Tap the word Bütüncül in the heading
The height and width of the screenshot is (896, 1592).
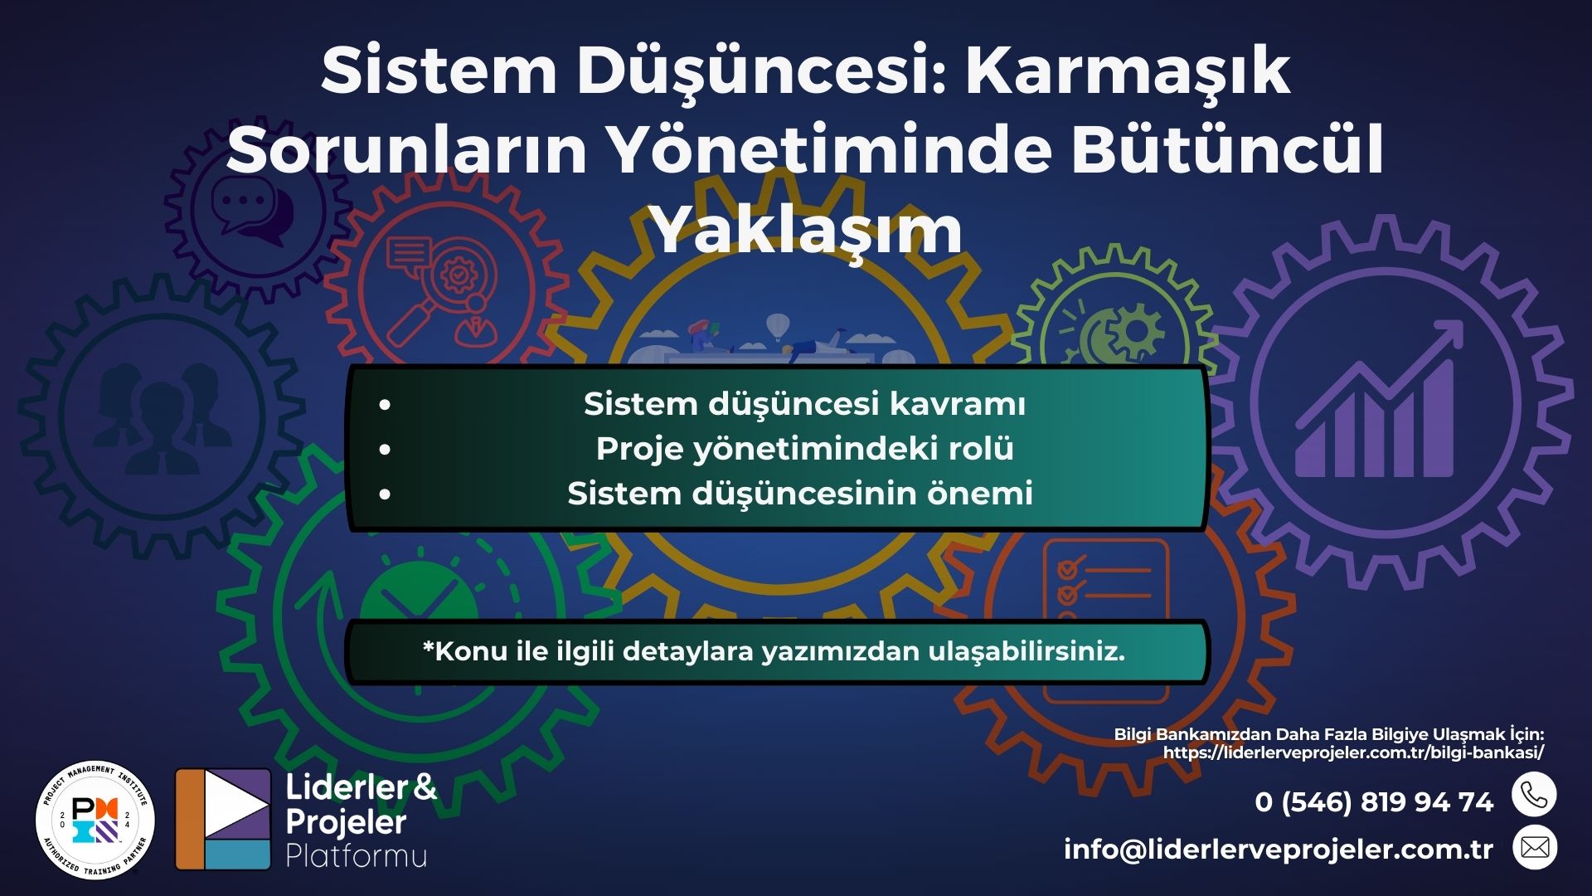click(1227, 151)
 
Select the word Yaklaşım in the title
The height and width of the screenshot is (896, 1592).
click(808, 230)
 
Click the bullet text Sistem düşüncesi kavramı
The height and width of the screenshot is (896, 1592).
click(804, 404)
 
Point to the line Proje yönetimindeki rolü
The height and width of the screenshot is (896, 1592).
click(804, 449)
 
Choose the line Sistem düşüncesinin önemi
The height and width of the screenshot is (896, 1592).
click(800, 494)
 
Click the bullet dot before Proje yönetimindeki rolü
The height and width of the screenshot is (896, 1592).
click(384, 450)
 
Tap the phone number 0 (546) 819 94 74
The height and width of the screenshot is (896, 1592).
click(1374, 802)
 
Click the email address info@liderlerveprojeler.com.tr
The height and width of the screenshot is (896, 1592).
click(1278, 850)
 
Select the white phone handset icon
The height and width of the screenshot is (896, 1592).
click(1534, 795)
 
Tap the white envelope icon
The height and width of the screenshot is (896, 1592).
click(1535, 847)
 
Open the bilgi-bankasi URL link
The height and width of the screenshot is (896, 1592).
click(1353, 752)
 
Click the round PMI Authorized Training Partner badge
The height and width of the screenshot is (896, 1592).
click(95, 821)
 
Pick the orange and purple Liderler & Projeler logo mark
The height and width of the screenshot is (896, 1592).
click(223, 819)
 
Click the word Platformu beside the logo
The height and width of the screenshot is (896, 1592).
click(357, 856)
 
